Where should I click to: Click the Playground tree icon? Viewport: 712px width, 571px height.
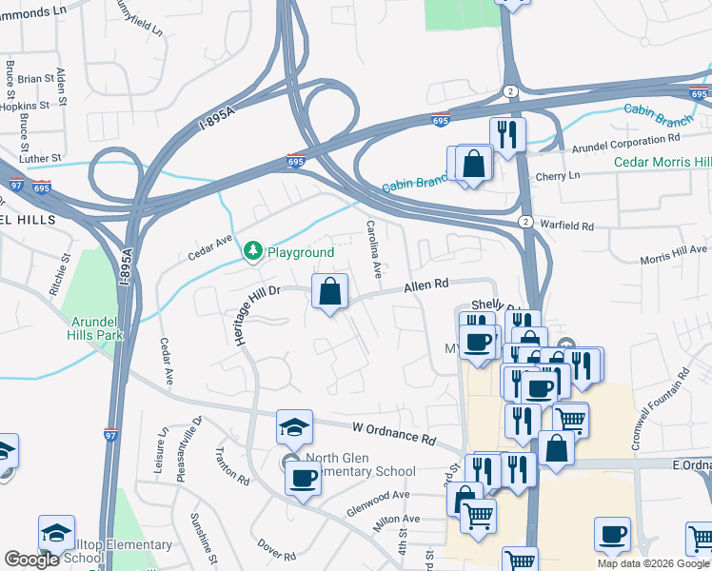click(x=252, y=251)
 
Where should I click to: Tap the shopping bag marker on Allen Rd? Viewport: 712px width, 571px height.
click(x=329, y=291)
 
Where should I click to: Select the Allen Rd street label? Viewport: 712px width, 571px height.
click(x=425, y=285)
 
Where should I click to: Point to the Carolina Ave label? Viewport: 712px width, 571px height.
click(x=374, y=248)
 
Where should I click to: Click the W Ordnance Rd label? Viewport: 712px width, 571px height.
click(x=393, y=434)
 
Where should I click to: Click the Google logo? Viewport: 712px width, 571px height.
click(x=31, y=560)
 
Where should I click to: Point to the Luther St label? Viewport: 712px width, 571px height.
click(x=43, y=157)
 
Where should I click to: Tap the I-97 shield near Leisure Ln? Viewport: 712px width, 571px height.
click(x=110, y=435)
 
